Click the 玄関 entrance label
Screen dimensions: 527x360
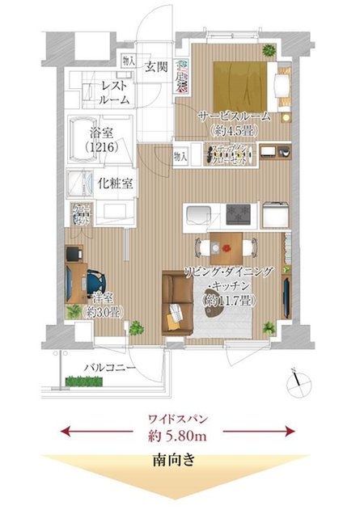coord(156,66)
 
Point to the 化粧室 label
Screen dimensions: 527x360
coord(116,183)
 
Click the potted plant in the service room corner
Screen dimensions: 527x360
coord(269,51)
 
